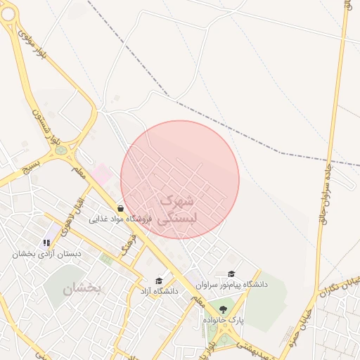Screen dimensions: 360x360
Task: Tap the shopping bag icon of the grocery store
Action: tap(121, 208)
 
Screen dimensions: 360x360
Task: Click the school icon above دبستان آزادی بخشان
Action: tap(47, 243)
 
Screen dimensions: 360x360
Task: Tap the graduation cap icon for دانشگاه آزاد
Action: tap(167, 280)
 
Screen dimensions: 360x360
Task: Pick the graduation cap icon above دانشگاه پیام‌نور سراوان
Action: tap(231, 274)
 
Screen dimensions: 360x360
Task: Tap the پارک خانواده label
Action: tap(224, 320)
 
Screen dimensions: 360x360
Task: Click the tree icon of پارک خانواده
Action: tap(224, 309)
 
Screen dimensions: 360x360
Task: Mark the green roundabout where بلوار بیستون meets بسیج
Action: tap(61, 150)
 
